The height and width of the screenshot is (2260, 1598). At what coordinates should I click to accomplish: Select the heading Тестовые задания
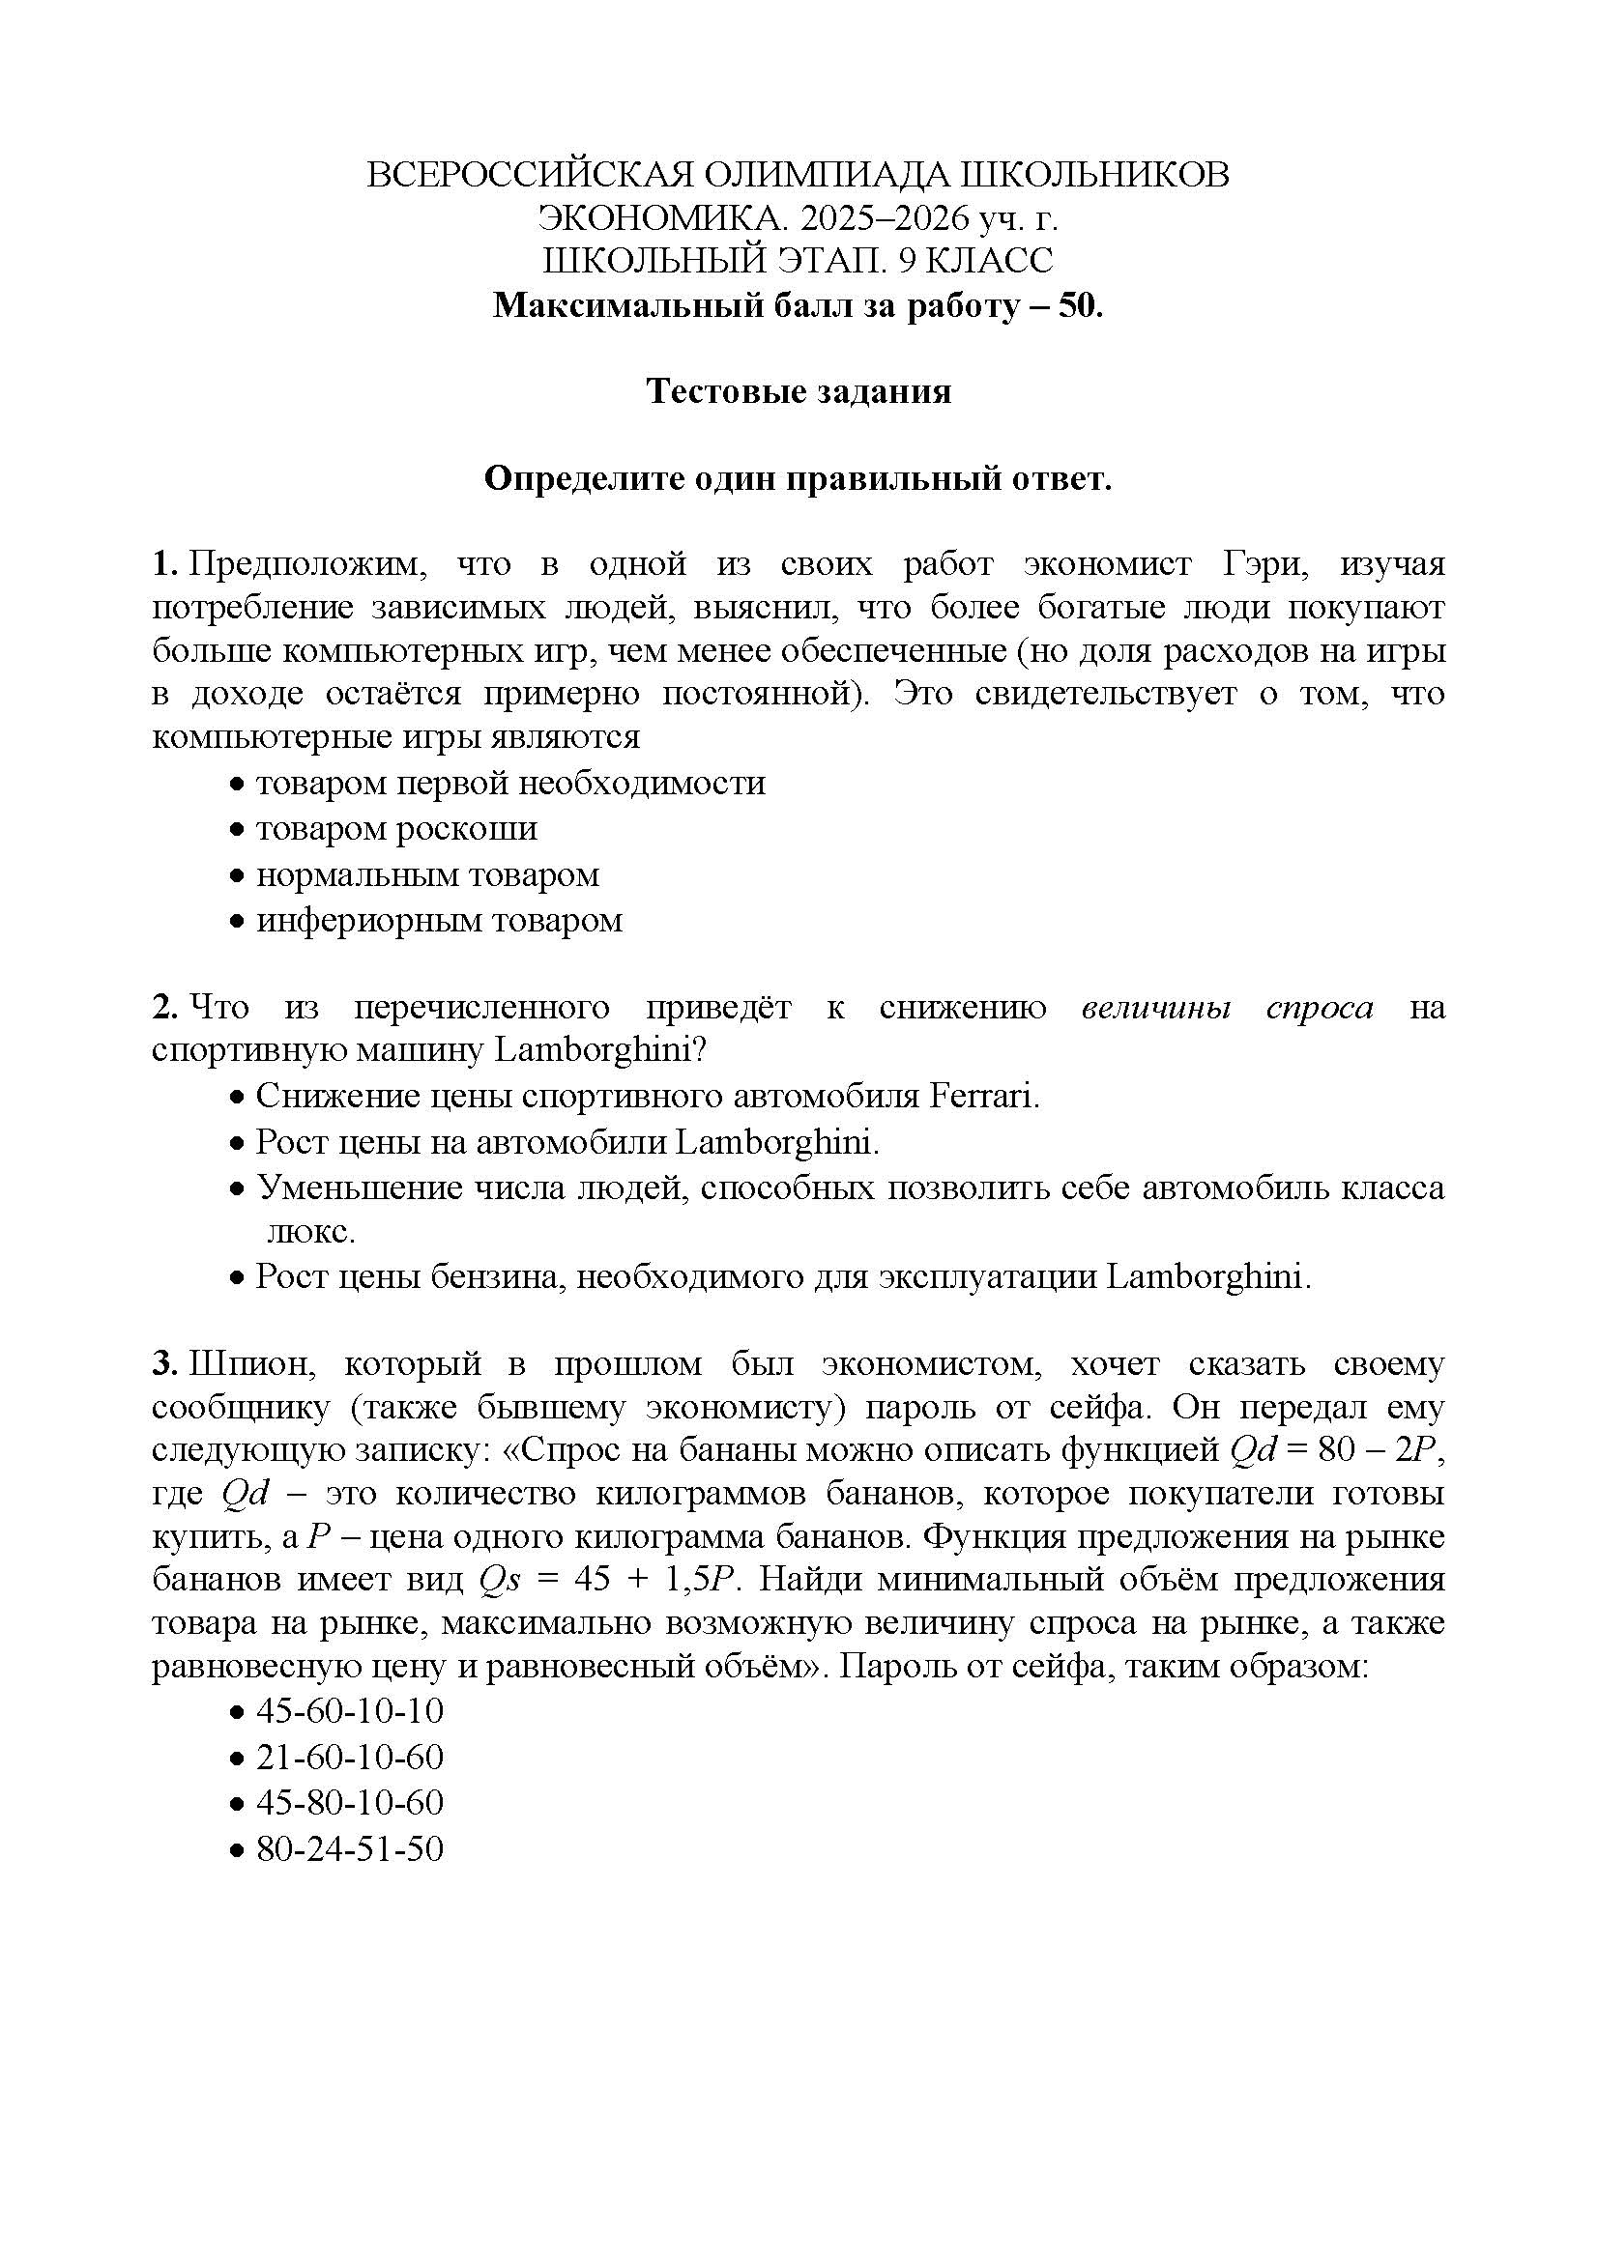click(x=799, y=391)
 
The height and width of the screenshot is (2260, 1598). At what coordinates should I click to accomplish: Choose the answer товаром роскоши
click(x=396, y=829)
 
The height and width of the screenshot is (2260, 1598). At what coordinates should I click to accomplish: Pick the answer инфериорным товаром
click(x=439, y=921)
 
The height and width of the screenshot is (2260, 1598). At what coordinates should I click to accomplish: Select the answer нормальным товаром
click(x=427, y=875)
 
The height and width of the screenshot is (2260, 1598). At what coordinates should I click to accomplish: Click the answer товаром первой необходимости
click(x=510, y=784)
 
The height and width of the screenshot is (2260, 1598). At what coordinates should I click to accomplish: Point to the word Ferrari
click(x=983, y=1096)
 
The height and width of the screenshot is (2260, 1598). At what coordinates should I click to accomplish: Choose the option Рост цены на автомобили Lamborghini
click(x=567, y=1142)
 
